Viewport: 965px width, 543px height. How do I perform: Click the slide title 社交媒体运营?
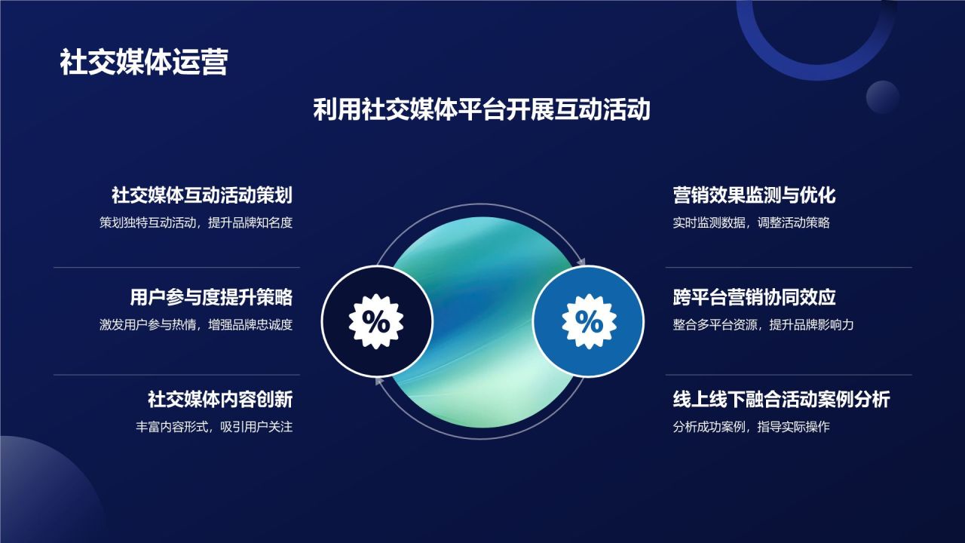tap(143, 63)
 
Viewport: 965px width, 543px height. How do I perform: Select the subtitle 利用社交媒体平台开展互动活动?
tap(482, 110)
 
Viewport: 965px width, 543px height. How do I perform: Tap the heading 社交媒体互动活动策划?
tap(201, 196)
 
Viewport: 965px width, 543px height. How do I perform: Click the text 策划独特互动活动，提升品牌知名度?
tap(195, 223)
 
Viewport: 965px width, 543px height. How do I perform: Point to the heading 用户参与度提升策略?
tap(210, 297)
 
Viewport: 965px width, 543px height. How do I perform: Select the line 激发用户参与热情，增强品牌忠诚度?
tap(195, 325)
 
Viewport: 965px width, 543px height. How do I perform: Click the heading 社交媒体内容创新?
tap(219, 399)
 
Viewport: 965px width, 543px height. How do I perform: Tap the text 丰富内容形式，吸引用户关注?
tap(213, 427)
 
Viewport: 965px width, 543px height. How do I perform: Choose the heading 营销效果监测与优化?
tap(754, 196)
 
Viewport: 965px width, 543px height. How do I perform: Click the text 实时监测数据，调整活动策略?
tap(751, 223)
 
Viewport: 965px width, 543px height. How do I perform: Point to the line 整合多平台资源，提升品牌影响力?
tap(763, 325)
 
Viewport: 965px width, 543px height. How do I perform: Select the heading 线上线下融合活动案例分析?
tap(781, 399)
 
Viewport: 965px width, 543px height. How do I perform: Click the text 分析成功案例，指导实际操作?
tap(751, 427)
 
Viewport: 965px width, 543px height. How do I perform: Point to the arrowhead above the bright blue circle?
tap(581, 261)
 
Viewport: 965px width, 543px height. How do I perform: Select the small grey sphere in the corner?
tap(883, 97)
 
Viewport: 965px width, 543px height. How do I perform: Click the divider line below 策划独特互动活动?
tap(176, 268)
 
